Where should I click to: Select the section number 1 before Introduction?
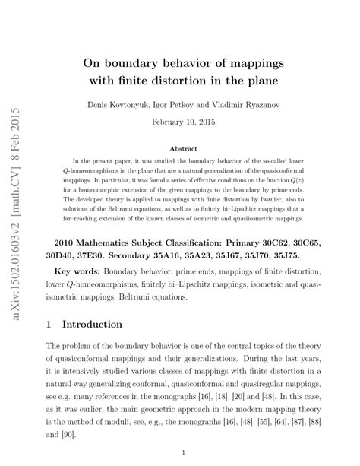click(x=50, y=324)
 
